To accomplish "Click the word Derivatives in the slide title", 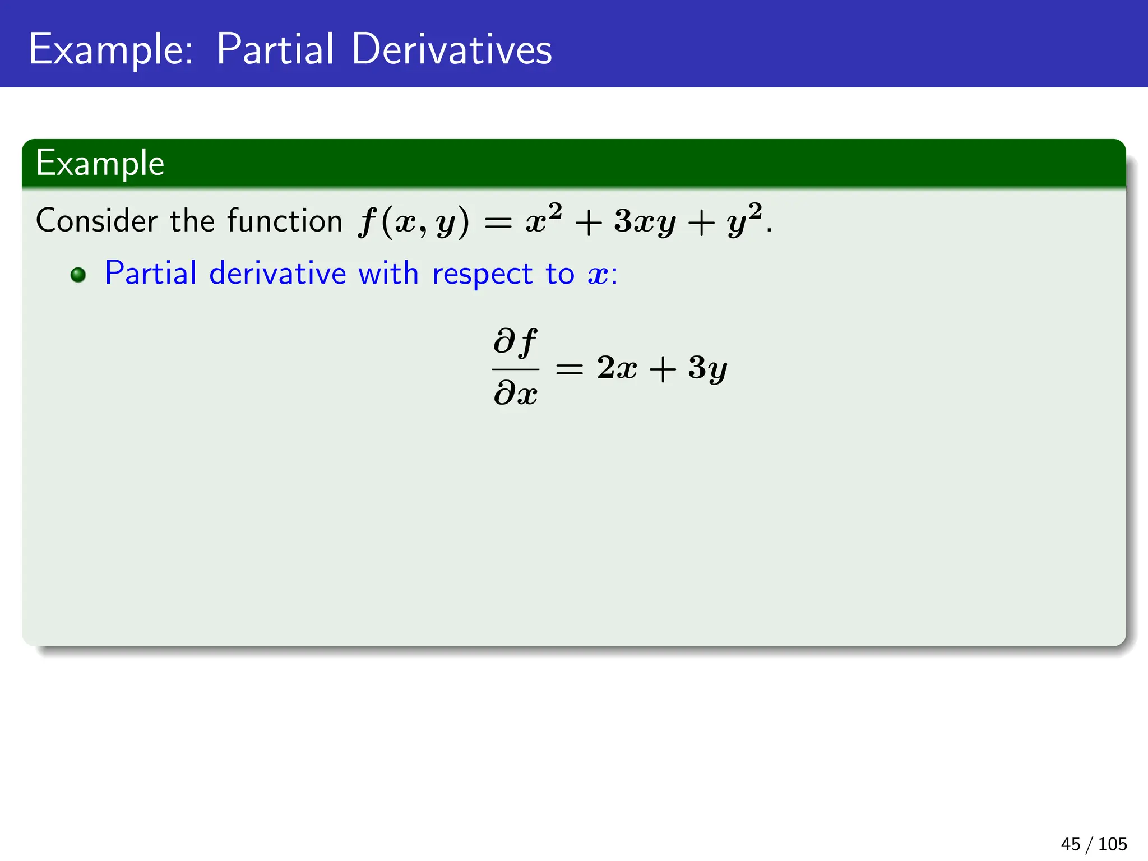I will point(452,49).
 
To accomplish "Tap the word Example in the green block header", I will point(100,164).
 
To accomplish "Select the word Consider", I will point(96,220).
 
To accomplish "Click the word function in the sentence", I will point(285,220).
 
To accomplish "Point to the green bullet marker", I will point(78,275).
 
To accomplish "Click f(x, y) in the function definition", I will point(414,222).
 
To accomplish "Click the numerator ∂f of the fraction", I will point(515,341).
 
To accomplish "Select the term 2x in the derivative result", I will point(617,368).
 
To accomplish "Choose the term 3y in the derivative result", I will point(707,369).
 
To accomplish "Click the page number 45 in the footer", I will point(1070,844).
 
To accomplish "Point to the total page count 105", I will point(1112,844).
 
